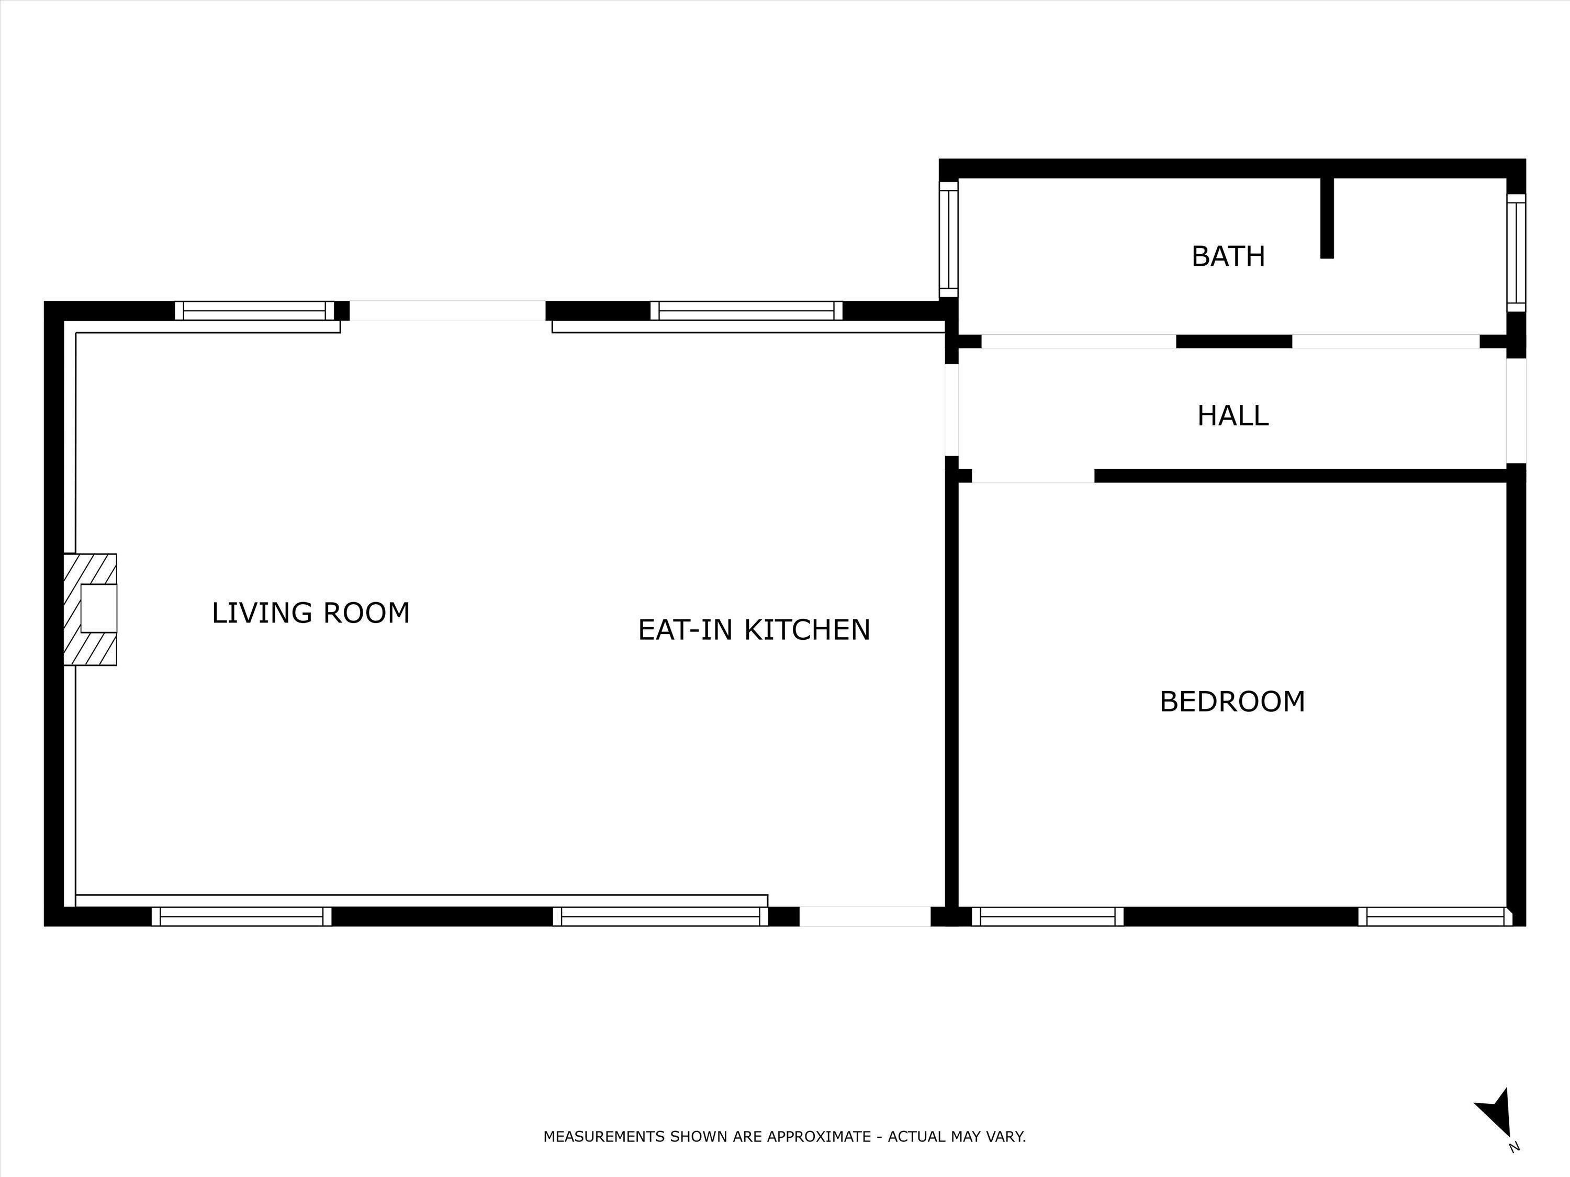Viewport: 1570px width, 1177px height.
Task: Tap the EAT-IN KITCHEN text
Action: (754, 630)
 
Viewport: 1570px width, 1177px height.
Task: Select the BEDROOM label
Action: (1232, 701)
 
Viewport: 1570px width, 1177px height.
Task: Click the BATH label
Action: (1228, 256)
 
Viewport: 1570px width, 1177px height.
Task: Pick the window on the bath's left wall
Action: (949, 239)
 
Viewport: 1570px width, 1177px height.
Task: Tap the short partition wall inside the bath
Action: (1327, 218)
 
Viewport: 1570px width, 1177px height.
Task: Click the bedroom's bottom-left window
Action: (1048, 916)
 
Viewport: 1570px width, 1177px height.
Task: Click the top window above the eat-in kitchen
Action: (746, 311)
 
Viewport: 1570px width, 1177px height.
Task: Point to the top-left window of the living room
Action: (254, 311)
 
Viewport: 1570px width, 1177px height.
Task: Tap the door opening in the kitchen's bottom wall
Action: (865, 916)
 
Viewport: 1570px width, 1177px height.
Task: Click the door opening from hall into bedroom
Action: (1033, 476)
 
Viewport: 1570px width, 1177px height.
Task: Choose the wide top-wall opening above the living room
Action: (447, 311)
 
